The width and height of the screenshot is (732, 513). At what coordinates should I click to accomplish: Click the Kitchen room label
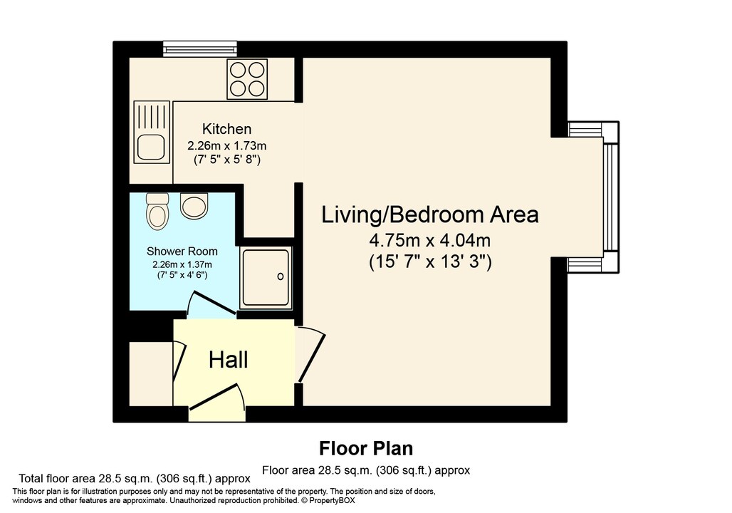pyautogui.click(x=226, y=129)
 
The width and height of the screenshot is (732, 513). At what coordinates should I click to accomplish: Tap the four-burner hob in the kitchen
pyautogui.click(x=246, y=78)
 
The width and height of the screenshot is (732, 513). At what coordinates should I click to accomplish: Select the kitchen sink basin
pyautogui.click(x=150, y=147)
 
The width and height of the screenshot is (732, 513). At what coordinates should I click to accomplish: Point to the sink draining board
pyautogui.click(x=151, y=115)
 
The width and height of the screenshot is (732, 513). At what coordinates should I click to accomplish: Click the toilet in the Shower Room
pyautogui.click(x=156, y=211)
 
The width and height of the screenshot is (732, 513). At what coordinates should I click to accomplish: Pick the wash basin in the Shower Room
pyautogui.click(x=192, y=206)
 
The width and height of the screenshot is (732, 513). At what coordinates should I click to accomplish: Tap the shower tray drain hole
pyautogui.click(x=280, y=276)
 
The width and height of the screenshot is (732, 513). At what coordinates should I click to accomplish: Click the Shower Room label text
pyautogui.click(x=182, y=252)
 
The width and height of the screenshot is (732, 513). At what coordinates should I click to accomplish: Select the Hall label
pyautogui.click(x=228, y=360)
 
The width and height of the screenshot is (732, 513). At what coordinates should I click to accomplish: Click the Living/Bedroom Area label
pyautogui.click(x=430, y=214)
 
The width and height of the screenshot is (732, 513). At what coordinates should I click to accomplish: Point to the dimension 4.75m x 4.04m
pyautogui.click(x=430, y=239)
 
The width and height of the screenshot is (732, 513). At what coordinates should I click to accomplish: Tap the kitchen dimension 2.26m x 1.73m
pyautogui.click(x=226, y=145)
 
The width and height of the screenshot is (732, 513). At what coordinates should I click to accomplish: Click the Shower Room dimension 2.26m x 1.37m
pyautogui.click(x=182, y=264)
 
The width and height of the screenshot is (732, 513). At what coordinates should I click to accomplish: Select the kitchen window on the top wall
pyautogui.click(x=199, y=48)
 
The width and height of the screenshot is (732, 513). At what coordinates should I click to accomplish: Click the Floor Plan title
pyautogui.click(x=365, y=448)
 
